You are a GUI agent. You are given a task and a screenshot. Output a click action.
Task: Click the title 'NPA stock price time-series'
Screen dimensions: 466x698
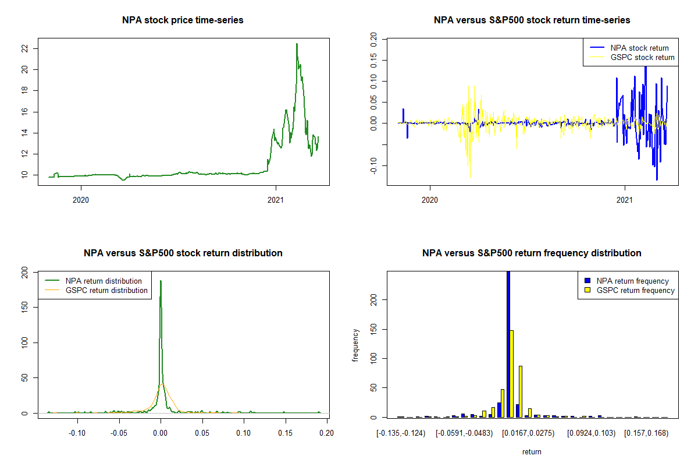183,20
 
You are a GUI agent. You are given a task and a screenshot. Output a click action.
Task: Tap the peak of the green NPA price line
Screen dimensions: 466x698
297,44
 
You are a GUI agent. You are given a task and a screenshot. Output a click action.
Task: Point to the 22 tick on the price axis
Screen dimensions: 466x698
24,48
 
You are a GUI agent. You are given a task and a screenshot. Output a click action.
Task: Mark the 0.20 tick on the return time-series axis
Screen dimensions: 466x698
373,39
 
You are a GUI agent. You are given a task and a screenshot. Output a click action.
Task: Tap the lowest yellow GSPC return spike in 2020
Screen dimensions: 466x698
470,177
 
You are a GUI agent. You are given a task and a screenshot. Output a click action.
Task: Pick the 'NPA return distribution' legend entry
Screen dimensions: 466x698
104,281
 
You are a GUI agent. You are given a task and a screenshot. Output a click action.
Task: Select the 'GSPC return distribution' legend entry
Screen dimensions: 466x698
106,290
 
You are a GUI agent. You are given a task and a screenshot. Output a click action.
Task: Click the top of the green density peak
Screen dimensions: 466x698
161,281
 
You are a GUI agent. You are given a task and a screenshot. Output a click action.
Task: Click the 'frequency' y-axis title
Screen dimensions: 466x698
355,345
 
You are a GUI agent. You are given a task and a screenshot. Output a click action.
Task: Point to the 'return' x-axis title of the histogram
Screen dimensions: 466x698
531,451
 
